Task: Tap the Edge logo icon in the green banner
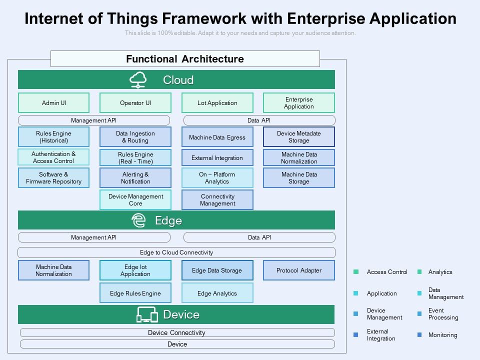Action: (x=138, y=220)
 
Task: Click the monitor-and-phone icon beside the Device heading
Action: (x=147, y=314)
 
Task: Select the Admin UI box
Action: (x=54, y=103)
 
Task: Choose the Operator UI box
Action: (x=135, y=103)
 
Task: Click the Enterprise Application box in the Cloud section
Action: (x=299, y=103)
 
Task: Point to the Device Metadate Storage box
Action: (x=299, y=137)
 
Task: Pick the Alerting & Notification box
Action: (x=135, y=178)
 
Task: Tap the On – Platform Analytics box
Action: (x=217, y=178)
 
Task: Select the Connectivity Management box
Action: (x=217, y=200)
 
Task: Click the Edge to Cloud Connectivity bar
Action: (x=176, y=252)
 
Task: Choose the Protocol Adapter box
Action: (x=299, y=270)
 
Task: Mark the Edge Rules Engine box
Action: (x=135, y=293)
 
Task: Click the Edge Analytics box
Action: (x=217, y=293)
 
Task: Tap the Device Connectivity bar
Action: (x=177, y=332)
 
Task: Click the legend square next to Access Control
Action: (x=356, y=272)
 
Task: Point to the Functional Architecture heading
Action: (x=185, y=59)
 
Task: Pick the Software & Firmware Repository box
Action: (x=54, y=178)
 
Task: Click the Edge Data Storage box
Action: (x=217, y=270)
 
